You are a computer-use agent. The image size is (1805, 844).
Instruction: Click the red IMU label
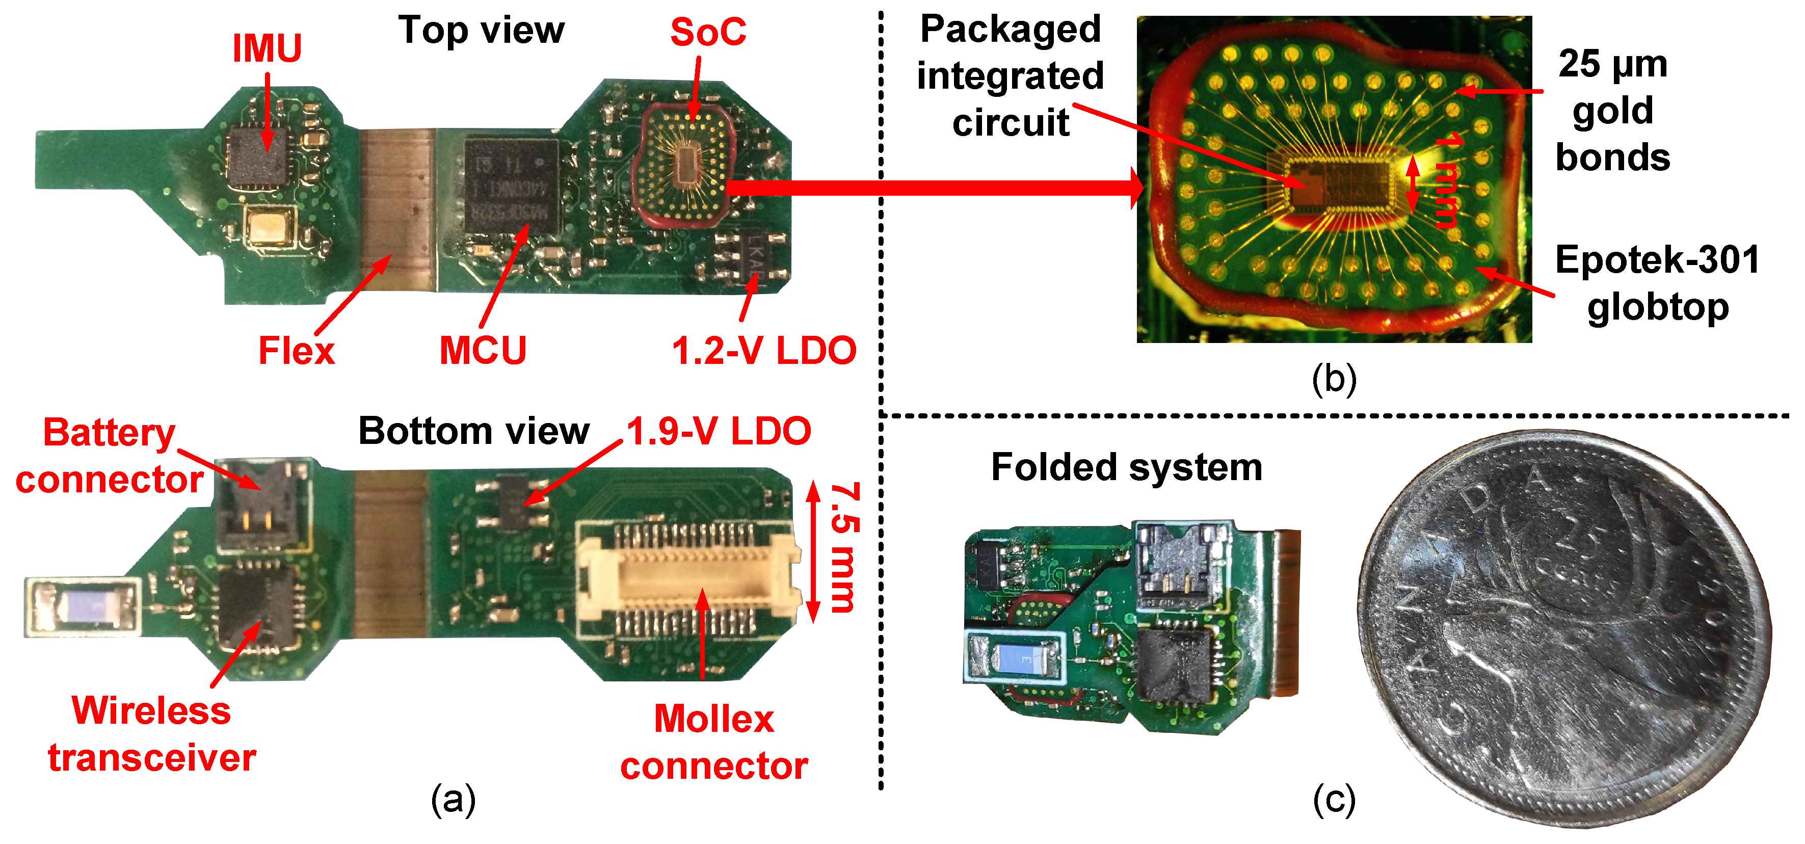267,48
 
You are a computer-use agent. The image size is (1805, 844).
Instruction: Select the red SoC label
708,32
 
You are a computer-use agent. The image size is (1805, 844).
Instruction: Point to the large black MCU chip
512,188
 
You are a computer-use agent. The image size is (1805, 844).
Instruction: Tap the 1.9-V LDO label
718,431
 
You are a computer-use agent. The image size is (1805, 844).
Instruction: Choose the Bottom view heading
474,431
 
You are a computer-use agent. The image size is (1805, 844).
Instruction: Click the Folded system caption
1126,467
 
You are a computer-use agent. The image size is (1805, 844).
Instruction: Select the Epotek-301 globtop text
1657,283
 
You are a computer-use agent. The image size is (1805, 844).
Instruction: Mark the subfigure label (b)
1334,379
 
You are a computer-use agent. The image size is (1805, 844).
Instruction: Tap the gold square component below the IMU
270,226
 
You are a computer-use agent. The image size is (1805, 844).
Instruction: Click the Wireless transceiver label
152,734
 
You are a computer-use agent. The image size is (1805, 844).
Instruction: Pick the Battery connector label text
109,456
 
